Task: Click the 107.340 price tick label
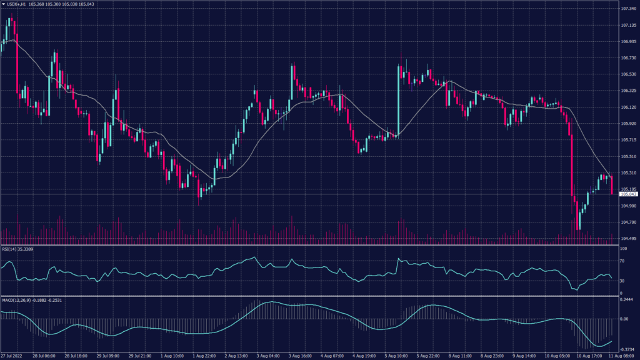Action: (x=628, y=9)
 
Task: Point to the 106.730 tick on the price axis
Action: (x=628, y=58)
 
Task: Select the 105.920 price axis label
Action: (x=628, y=124)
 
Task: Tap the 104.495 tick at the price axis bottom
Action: (x=628, y=239)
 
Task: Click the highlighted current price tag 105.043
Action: (x=628, y=194)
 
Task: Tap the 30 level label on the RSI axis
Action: (x=622, y=281)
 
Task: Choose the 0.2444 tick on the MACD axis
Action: (x=627, y=300)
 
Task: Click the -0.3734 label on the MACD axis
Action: (x=627, y=350)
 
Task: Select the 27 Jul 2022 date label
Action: (x=13, y=356)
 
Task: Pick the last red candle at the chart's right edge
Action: (x=612, y=186)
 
